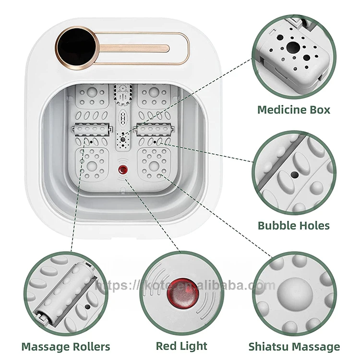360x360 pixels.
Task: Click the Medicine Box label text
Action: pos(294,109)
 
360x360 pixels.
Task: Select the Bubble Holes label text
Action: pos(294,225)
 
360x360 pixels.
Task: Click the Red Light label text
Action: pos(181,346)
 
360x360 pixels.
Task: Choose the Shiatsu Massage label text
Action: pos(294,346)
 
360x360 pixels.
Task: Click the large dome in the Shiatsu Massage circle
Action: pos(294,291)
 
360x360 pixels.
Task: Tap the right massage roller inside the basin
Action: pos(154,130)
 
